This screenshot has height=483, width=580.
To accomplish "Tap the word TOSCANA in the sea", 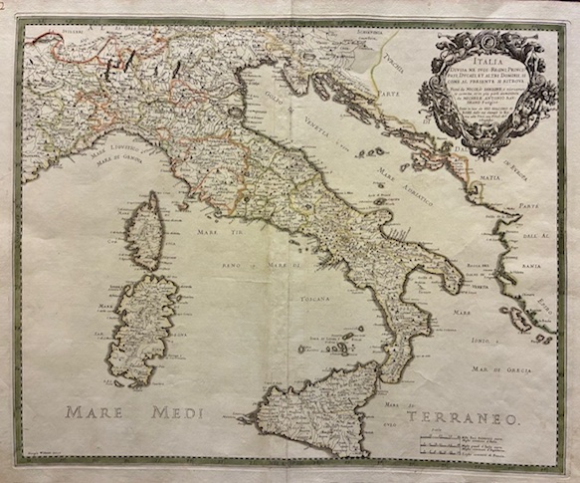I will pyautogui.click(x=317, y=297).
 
